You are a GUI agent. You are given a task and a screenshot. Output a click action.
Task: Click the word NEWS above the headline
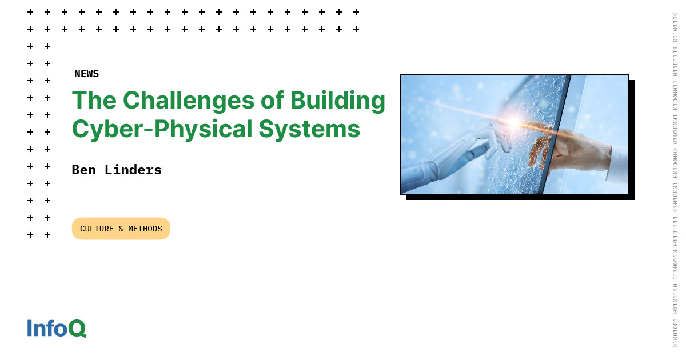pyautogui.click(x=86, y=74)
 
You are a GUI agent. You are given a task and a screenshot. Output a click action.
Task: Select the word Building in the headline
pyautogui.click(x=337, y=101)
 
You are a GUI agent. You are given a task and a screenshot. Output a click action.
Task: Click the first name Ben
pyautogui.click(x=83, y=170)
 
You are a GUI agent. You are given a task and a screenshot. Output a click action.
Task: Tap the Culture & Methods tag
pyautogui.click(x=121, y=229)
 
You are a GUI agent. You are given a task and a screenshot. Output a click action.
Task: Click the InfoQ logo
pyautogui.click(x=57, y=329)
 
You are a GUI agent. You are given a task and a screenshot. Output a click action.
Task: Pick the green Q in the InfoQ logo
pyautogui.click(x=77, y=329)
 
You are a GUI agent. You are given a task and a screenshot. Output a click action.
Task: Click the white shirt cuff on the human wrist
pyautogui.click(x=617, y=163)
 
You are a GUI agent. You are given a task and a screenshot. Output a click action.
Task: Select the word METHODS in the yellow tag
pyautogui.click(x=145, y=229)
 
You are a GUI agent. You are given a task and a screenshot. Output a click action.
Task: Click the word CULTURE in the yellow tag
pyautogui.click(x=97, y=229)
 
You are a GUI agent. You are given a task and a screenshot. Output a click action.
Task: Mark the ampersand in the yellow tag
pyautogui.click(x=121, y=229)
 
